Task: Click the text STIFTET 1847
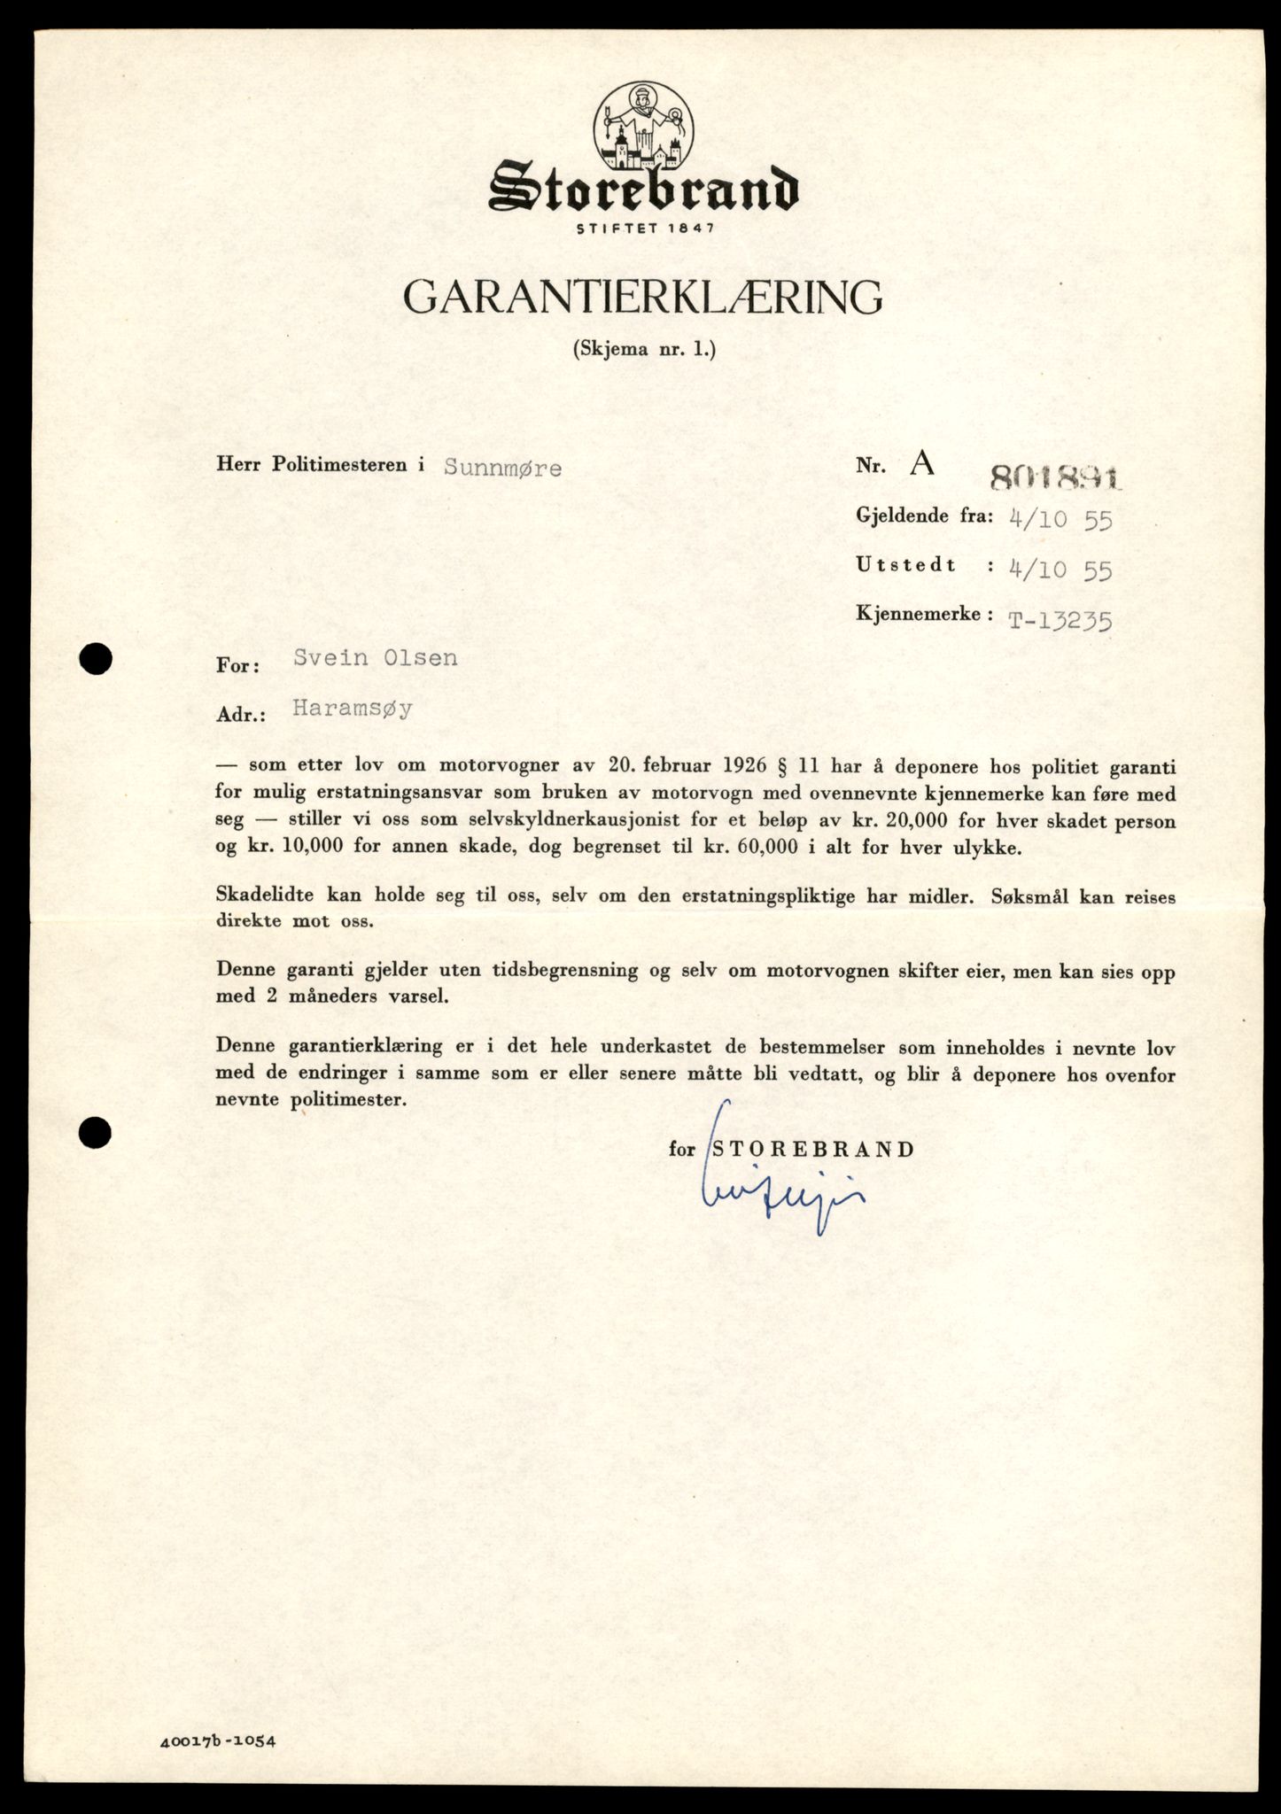[x=644, y=228]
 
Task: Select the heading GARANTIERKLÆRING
[x=643, y=298]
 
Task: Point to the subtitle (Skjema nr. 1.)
[x=643, y=349]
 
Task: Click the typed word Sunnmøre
[x=502, y=467]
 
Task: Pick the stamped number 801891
[x=1055, y=478]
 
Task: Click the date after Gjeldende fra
[x=1060, y=519]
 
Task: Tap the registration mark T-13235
[x=1060, y=620]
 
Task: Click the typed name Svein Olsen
[x=376, y=658]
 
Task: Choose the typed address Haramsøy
[x=353, y=709]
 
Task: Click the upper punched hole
[x=95, y=658]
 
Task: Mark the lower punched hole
[x=95, y=1131]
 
